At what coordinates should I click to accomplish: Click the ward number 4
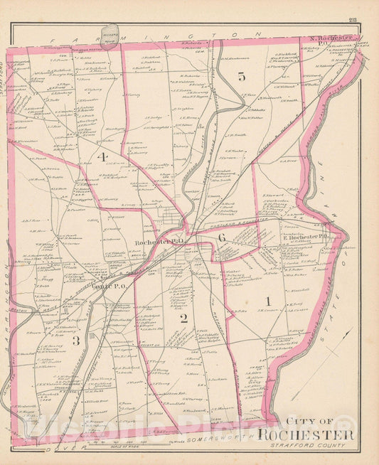[104, 156]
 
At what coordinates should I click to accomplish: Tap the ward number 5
[241, 77]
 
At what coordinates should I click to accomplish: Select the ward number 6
[223, 237]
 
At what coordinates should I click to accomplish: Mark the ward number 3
[75, 341]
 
